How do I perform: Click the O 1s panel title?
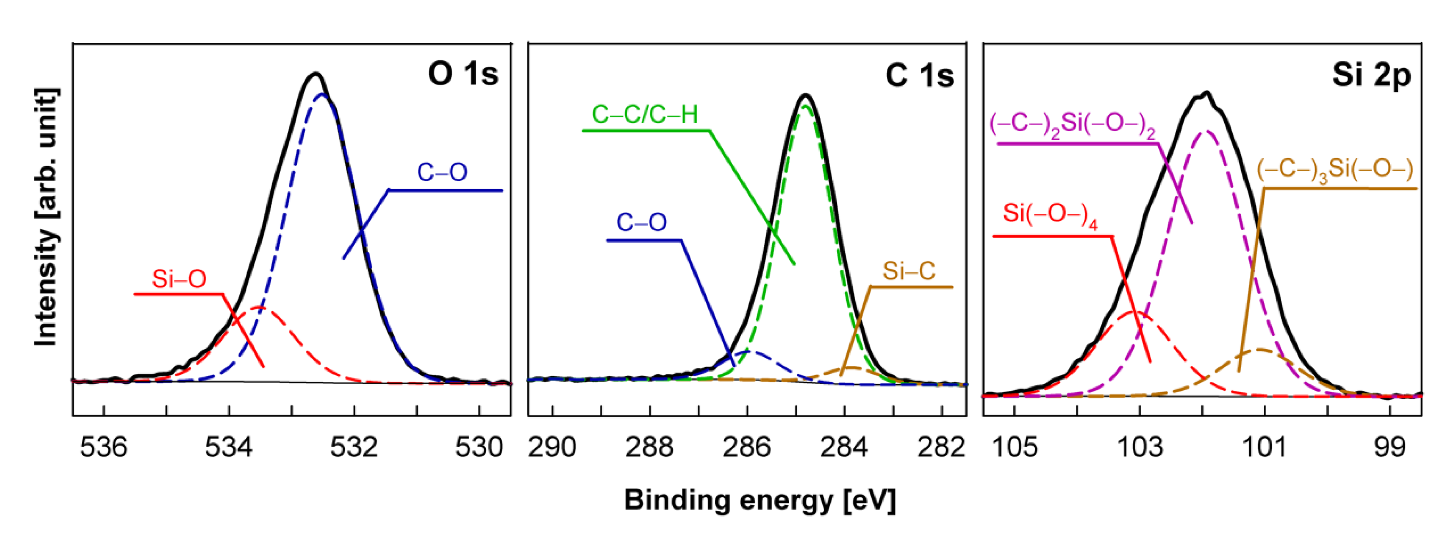[x=462, y=74]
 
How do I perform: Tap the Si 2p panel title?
[x=1371, y=75]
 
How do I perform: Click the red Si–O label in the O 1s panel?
[x=179, y=279]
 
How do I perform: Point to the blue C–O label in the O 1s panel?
[x=442, y=172]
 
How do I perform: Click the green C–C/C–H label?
[x=645, y=115]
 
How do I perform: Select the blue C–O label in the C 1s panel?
[x=641, y=223]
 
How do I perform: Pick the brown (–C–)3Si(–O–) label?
[x=1334, y=170]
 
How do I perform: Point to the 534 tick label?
[x=228, y=447]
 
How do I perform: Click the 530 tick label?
[x=479, y=447]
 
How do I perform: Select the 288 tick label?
[x=649, y=447]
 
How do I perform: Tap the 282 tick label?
[x=942, y=447]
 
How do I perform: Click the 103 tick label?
[x=1140, y=447]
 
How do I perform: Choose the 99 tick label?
[x=1389, y=447]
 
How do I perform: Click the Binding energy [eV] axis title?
[x=760, y=500]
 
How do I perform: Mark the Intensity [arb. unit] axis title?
[x=46, y=217]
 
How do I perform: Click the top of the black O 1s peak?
[x=316, y=74]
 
